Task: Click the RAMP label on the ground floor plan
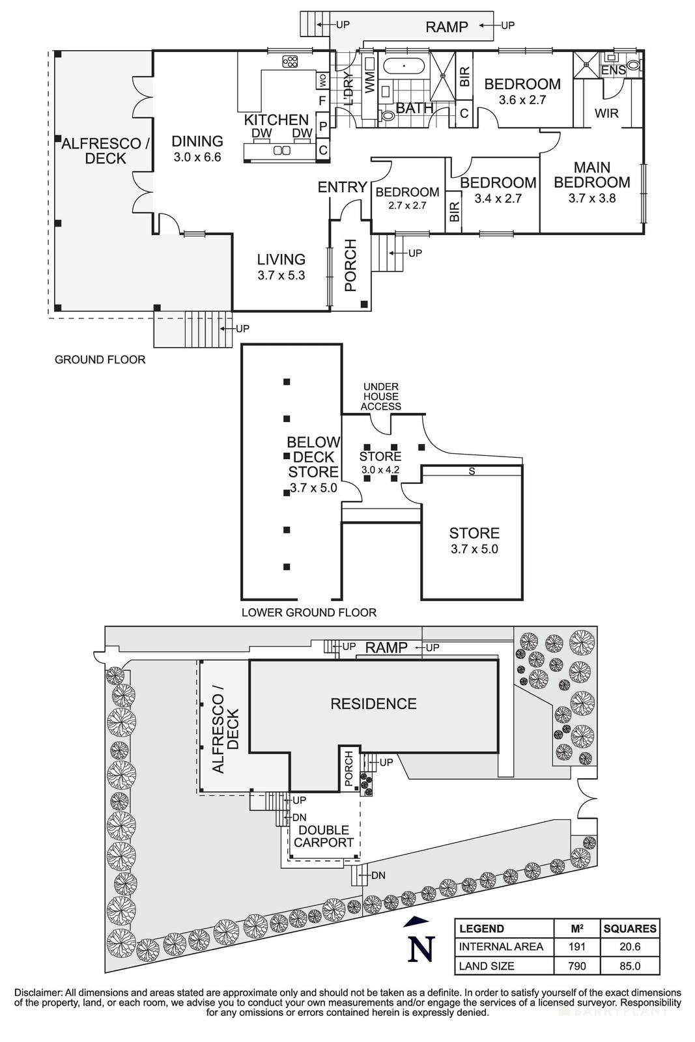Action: pyautogui.click(x=447, y=27)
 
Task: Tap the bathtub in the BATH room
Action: pyautogui.click(x=403, y=66)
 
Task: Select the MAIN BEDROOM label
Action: pyautogui.click(x=592, y=174)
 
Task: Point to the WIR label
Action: pyautogui.click(x=606, y=113)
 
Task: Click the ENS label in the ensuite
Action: pyautogui.click(x=613, y=70)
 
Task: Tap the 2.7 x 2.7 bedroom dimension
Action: pyautogui.click(x=407, y=205)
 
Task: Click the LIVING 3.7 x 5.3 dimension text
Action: pyautogui.click(x=281, y=275)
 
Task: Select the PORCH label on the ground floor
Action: pyautogui.click(x=350, y=266)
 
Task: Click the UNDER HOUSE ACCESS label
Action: pyautogui.click(x=381, y=396)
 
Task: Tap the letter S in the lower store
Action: pyautogui.click(x=472, y=472)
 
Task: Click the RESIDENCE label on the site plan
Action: pyautogui.click(x=373, y=703)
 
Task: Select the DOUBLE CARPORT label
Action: pyautogui.click(x=324, y=836)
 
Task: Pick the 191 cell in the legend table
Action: pyautogui.click(x=576, y=947)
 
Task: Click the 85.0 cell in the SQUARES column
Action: pyautogui.click(x=630, y=966)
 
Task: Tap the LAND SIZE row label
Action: pyautogui.click(x=487, y=966)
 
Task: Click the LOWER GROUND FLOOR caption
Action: pyautogui.click(x=309, y=612)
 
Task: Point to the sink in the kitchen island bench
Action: pyautogui.click(x=281, y=151)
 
